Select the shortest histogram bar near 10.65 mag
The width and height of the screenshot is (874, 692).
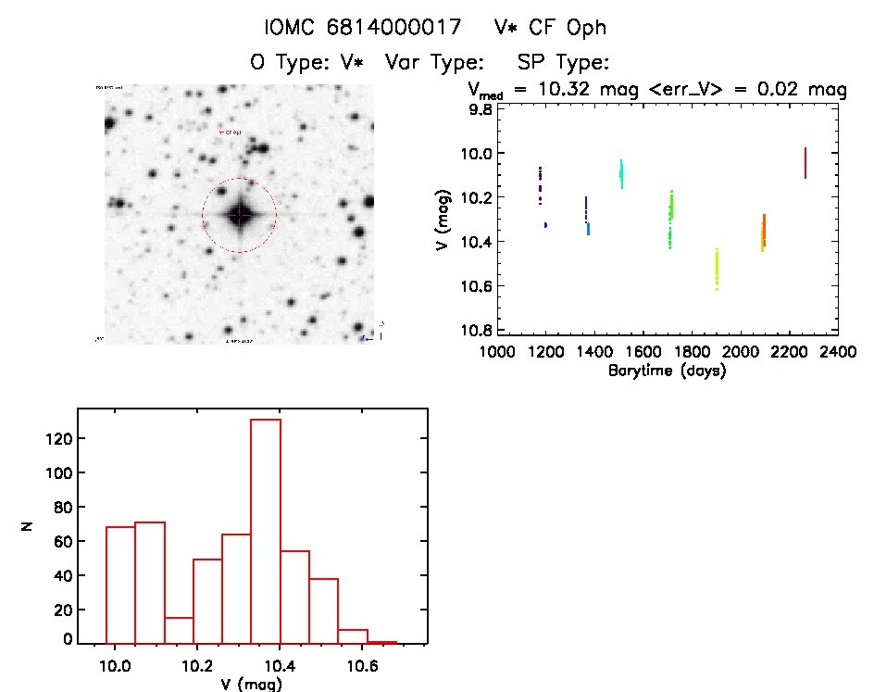coord(381,641)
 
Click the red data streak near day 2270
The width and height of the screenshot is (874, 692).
coord(805,163)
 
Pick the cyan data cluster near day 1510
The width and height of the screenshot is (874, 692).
coord(621,172)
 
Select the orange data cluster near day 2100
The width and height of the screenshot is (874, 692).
coord(763,233)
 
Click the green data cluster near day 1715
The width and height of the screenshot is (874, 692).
coord(670,220)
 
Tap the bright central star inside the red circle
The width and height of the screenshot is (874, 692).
coord(239,215)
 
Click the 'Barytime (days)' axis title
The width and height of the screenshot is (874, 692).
coord(667,371)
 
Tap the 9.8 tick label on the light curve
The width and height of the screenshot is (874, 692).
coord(481,108)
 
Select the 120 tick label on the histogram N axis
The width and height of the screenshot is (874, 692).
coord(60,438)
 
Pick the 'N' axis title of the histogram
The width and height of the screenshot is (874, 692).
coord(28,525)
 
